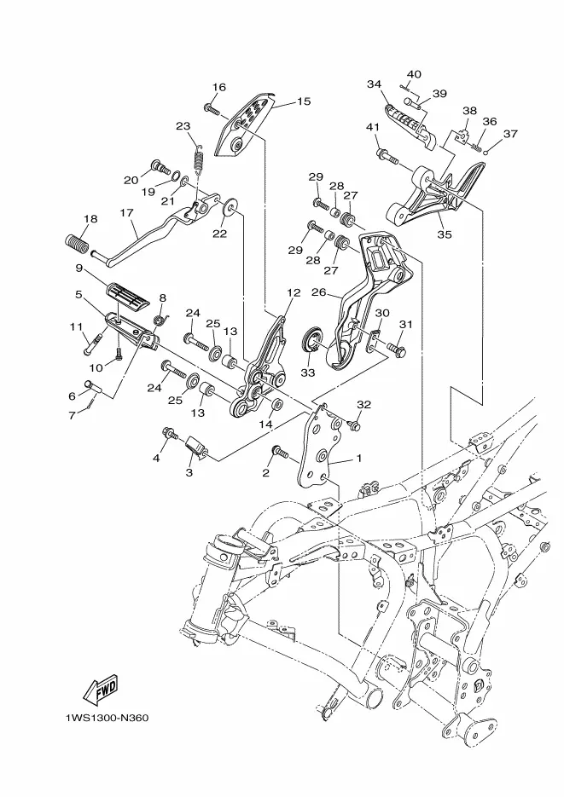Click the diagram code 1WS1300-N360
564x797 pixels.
[107, 719]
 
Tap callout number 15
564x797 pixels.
[304, 101]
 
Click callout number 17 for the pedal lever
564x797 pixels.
[126, 212]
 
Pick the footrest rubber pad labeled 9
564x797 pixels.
[128, 295]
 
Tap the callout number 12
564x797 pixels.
[294, 292]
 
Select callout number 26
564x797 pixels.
[319, 292]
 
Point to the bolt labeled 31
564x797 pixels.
[398, 349]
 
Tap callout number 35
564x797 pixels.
[445, 234]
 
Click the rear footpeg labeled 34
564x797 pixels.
[411, 123]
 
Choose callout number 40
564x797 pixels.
[414, 74]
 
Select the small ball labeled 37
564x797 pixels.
[486, 151]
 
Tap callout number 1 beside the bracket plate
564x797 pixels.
[359, 458]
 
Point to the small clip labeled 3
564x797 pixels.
[195, 447]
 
